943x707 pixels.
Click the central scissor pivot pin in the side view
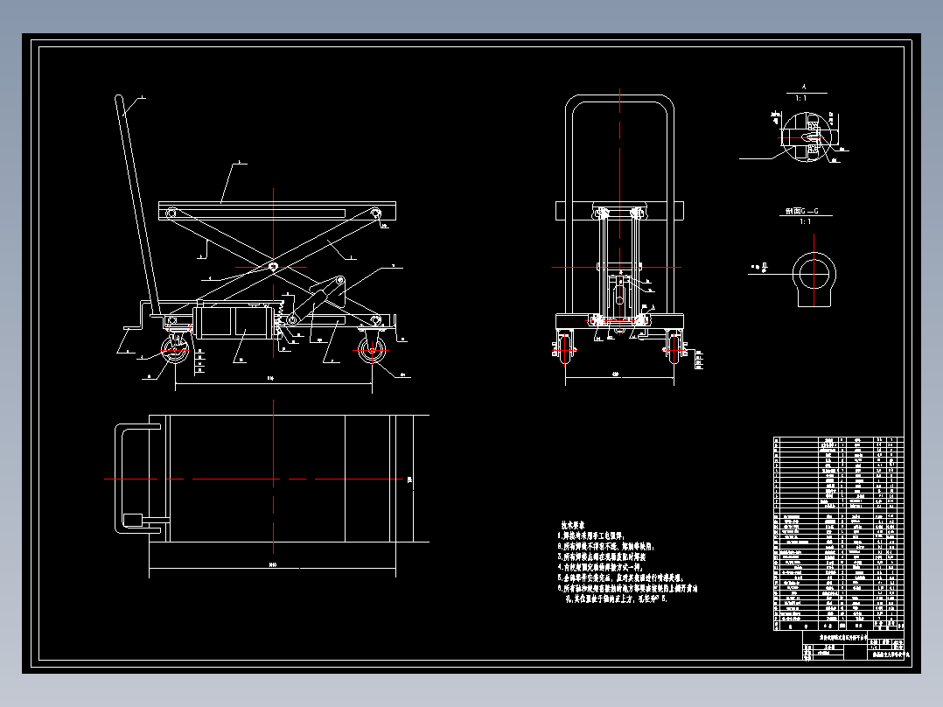click(274, 267)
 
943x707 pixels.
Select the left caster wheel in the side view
click(175, 353)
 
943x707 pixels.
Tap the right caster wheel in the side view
click(372, 353)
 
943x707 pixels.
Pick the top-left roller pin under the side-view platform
click(171, 213)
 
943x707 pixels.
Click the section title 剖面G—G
click(800, 212)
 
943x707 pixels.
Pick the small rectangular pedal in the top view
click(136, 520)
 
